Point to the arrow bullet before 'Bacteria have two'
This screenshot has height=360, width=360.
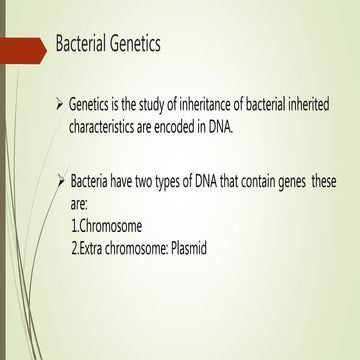pyautogui.click(x=62, y=181)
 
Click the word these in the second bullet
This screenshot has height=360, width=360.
pyautogui.click(x=337, y=181)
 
